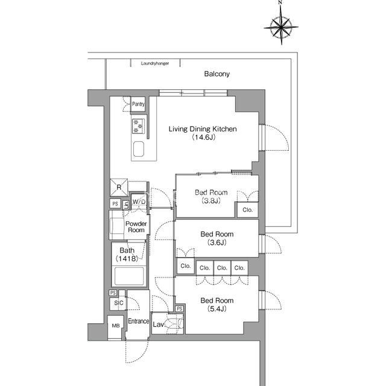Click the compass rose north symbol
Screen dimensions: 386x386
tap(281, 25)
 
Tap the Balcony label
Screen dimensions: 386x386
tap(217, 74)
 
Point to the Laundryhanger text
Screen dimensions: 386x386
tap(155, 63)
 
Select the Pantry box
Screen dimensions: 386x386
tap(138, 104)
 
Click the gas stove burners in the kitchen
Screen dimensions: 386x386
tap(139, 126)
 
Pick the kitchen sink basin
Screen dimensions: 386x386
tap(139, 149)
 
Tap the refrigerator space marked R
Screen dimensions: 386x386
tap(119, 188)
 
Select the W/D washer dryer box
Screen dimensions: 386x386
tap(139, 201)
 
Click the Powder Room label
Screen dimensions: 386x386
tap(136, 227)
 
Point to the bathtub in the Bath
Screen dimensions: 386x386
tap(129, 276)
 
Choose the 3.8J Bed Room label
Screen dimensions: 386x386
tap(211, 197)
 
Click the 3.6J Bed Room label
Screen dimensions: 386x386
tap(217, 238)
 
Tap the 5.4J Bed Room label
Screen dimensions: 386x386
tap(217, 305)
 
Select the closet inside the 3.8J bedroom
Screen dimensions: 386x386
tap(248, 210)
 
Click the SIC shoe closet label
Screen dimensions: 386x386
tap(119, 303)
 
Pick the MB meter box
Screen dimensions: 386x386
tap(115, 327)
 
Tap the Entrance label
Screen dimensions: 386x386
tap(138, 321)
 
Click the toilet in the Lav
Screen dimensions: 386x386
tap(174, 324)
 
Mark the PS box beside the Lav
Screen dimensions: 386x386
tap(180, 309)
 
